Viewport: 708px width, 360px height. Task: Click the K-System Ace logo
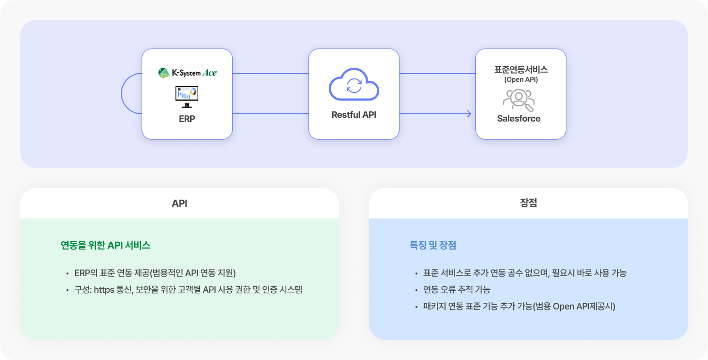coord(188,73)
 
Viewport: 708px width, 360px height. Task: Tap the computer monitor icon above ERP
coord(187,97)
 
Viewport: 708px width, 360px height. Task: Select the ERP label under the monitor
coord(187,119)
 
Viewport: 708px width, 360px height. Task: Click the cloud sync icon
coord(353,84)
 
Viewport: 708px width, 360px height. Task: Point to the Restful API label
coord(353,115)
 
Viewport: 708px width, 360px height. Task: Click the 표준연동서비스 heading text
coord(521,70)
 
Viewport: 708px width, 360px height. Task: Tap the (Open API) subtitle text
coord(521,80)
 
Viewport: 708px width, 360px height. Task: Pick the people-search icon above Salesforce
coord(519,100)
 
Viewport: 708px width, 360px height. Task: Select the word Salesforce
coord(519,118)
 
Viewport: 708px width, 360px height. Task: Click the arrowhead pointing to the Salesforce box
coord(469,114)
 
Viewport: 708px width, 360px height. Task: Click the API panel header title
coord(180,203)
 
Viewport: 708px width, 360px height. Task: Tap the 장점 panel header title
coord(528,203)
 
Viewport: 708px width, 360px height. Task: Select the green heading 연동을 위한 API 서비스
coord(106,245)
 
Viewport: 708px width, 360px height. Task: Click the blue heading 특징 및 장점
coord(433,245)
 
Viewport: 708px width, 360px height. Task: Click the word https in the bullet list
coord(104,290)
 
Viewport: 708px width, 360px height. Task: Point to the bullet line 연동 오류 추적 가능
coord(457,290)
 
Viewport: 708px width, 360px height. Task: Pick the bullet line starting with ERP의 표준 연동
coord(155,273)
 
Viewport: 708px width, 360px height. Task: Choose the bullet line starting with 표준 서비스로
coord(525,273)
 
